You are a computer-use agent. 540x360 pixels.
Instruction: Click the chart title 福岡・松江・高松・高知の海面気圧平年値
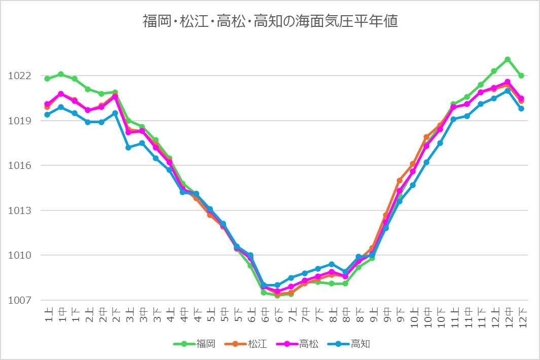pos(270,21)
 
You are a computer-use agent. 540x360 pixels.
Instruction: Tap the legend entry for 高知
pos(350,344)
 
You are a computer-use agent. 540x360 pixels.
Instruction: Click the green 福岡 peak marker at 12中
pos(508,60)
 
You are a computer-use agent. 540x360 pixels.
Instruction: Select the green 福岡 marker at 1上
pos(47,79)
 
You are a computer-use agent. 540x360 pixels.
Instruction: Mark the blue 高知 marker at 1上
pos(47,115)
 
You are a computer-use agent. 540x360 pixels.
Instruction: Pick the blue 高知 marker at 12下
pos(521,109)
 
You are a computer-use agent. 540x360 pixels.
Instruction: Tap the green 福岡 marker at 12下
pos(521,76)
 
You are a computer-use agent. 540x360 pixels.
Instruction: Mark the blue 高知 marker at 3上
pos(129,148)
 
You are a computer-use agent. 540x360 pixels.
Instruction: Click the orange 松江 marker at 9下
pos(400,181)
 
